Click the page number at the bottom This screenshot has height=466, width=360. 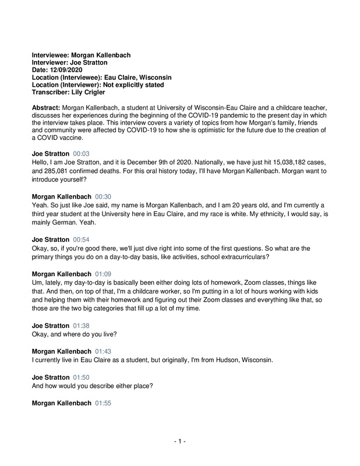180,442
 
